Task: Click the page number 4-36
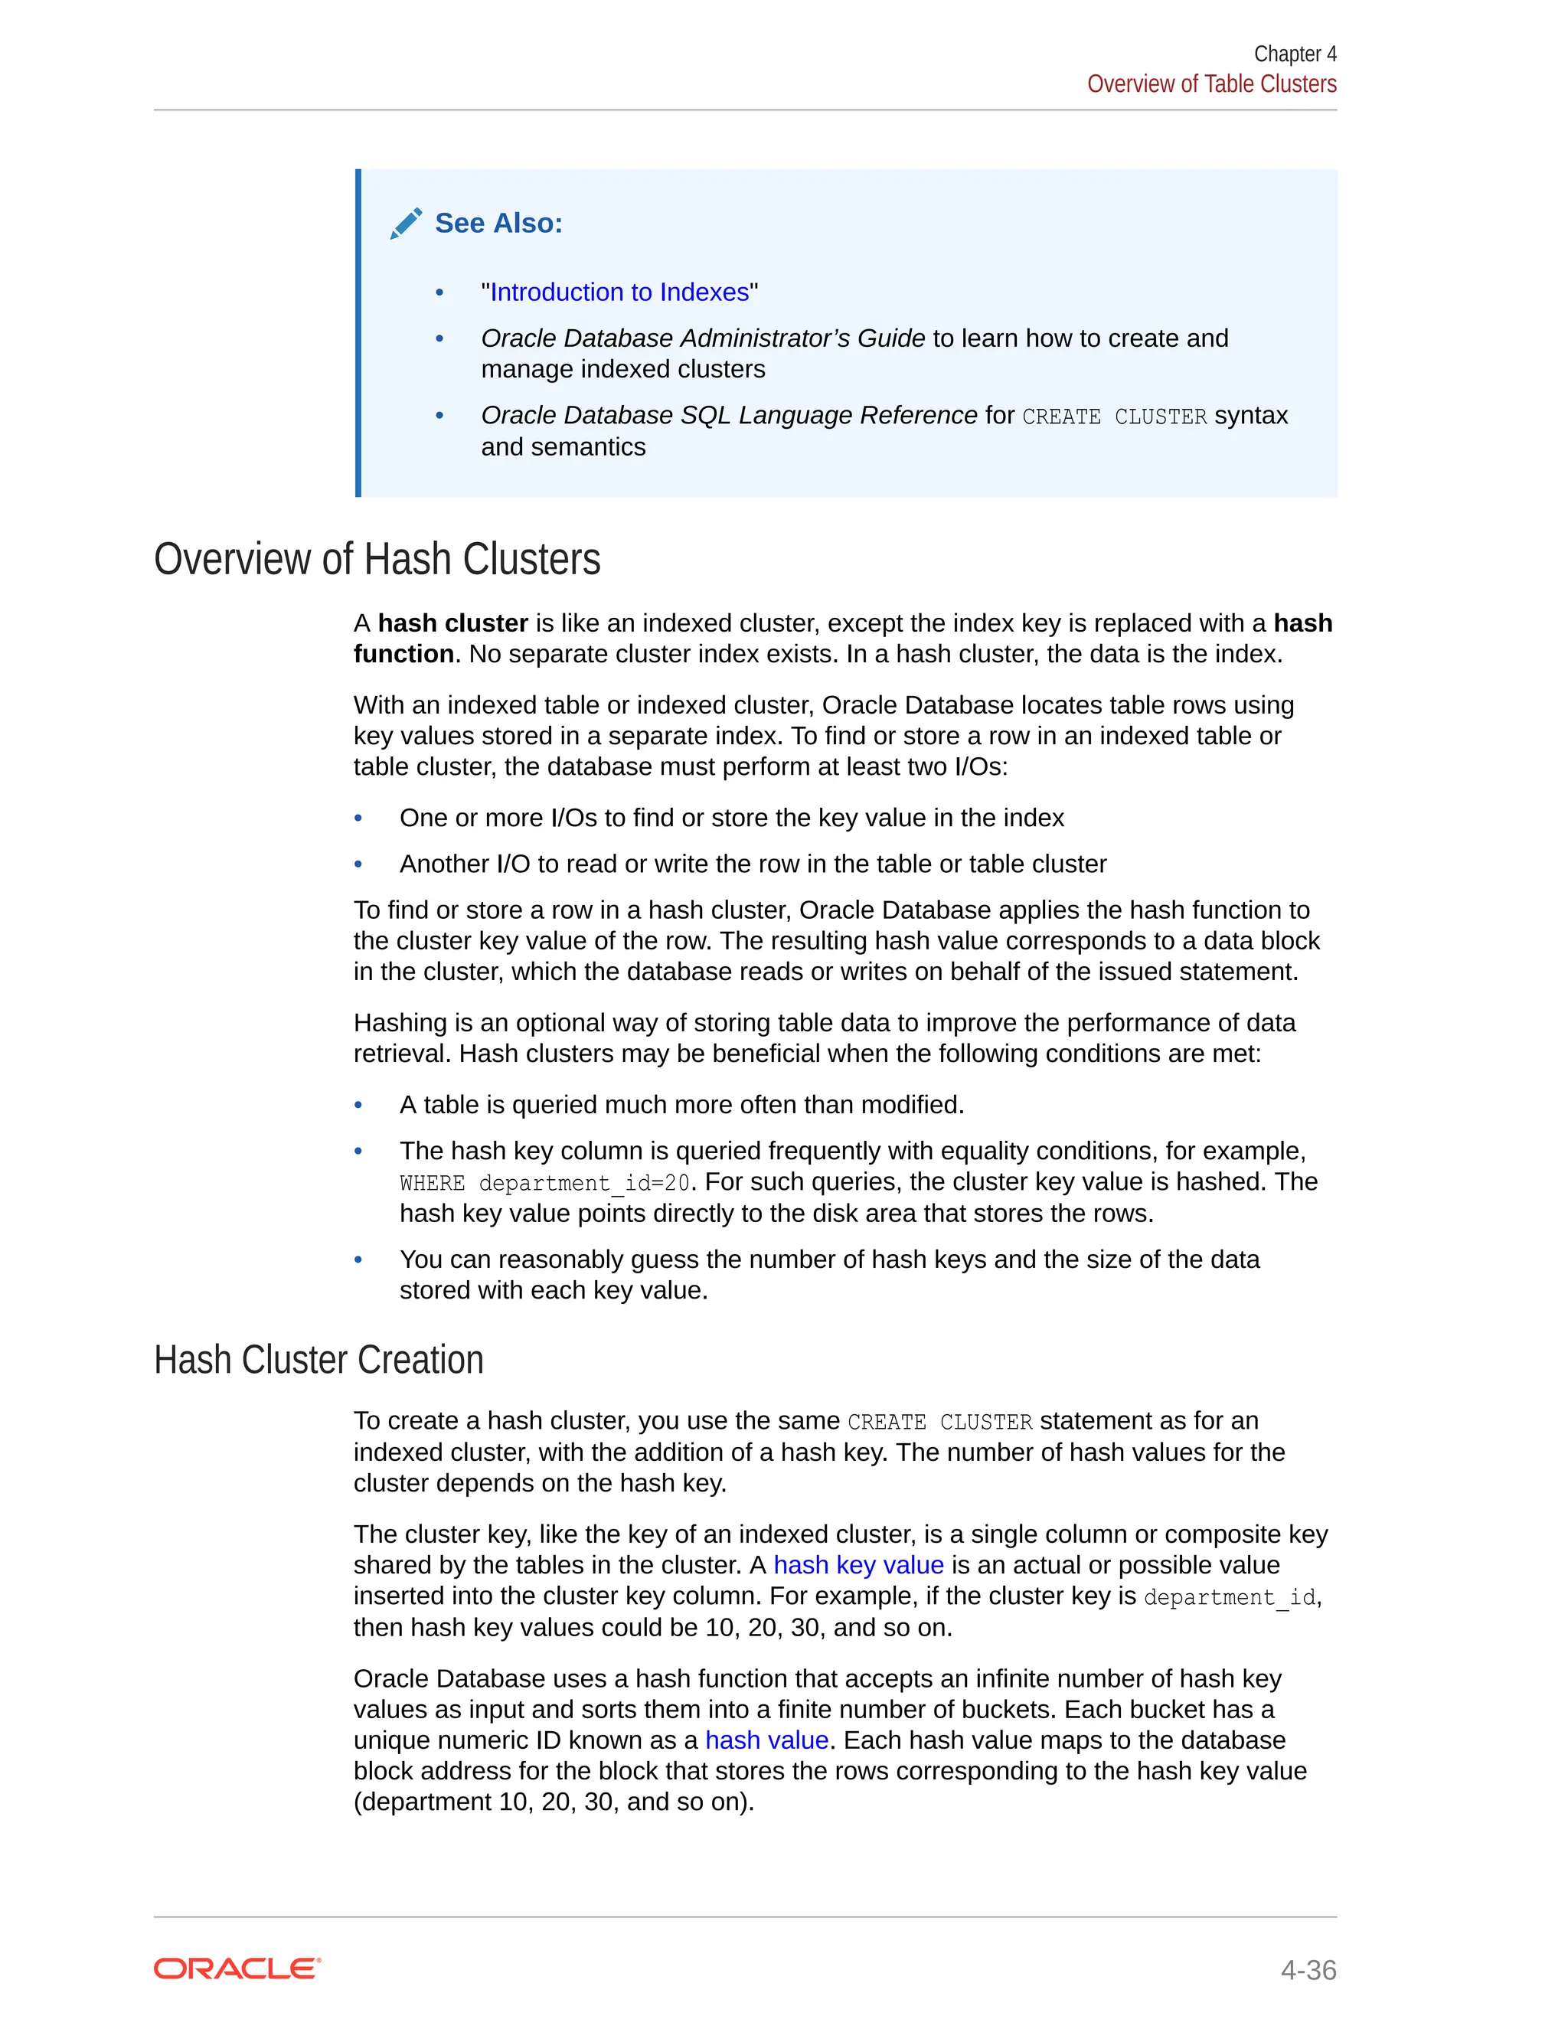tap(1307, 1969)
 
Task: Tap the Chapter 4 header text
tap(1294, 54)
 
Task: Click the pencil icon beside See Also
tap(406, 223)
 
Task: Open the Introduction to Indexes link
tap(619, 292)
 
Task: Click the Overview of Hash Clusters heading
tap(377, 559)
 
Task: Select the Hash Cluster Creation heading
tap(318, 1359)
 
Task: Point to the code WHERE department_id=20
tap(544, 1183)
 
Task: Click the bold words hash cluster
tap(452, 622)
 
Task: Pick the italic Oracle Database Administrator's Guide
tap(702, 338)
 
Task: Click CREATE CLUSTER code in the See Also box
tap(1114, 417)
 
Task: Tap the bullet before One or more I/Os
tap(358, 818)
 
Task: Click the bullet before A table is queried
tap(358, 1105)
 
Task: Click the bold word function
tap(403, 654)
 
